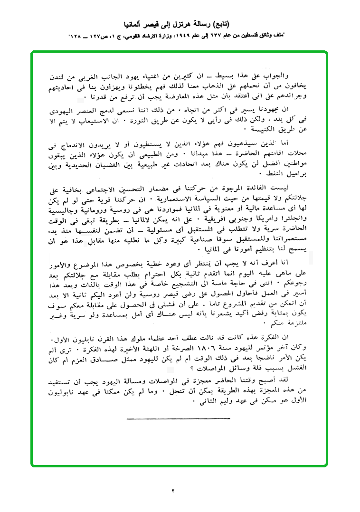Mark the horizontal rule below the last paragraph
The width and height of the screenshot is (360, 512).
click(x=179, y=418)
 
